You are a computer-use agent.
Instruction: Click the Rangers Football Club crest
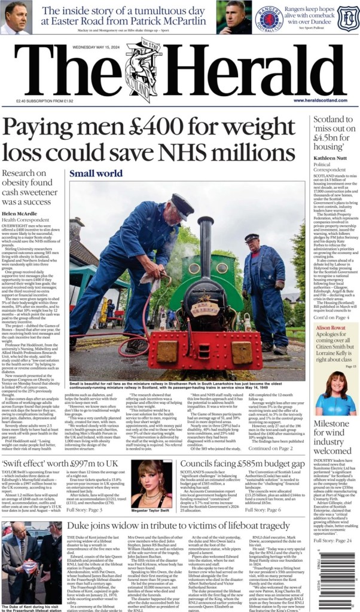coord(269,17)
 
